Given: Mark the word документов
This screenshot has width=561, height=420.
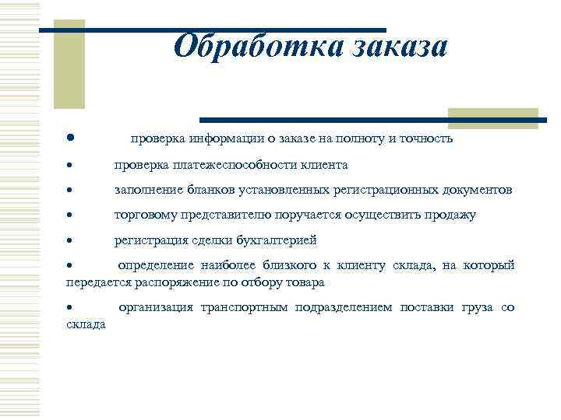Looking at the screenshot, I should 476,191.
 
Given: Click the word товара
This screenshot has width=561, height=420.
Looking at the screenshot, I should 306,282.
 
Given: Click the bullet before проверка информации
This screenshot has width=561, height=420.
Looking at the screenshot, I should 70,138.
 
